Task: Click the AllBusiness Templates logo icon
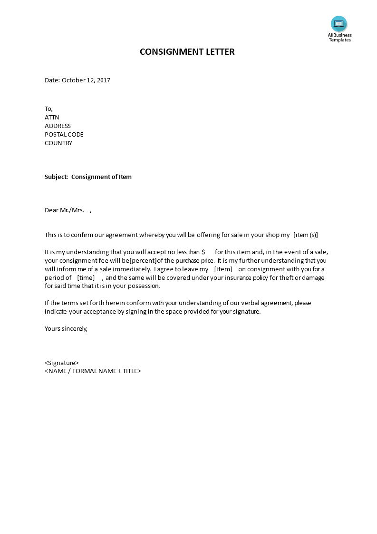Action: coord(339,24)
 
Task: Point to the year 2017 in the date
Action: coord(103,80)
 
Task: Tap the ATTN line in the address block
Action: coord(52,118)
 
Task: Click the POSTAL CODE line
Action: coord(64,135)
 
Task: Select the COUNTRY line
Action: coord(58,143)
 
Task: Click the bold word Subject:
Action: coord(56,177)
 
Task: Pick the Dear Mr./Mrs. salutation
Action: coord(65,210)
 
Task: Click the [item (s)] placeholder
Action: coord(306,235)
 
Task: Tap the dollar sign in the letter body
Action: coord(203,252)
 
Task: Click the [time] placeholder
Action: coord(86,278)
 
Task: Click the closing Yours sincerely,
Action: coord(66,328)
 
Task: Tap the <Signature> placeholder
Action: coord(62,363)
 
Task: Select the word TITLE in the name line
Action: coord(130,371)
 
